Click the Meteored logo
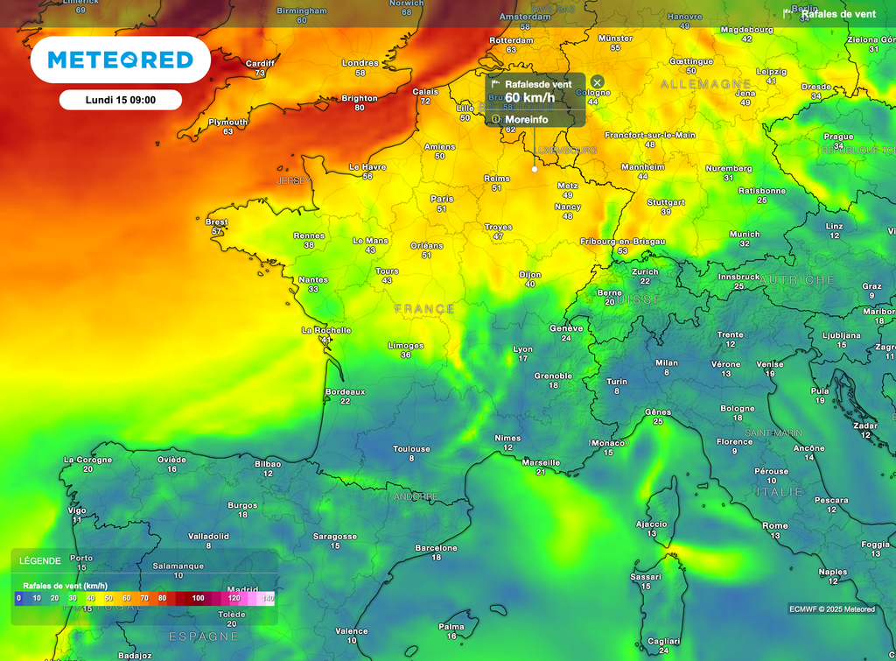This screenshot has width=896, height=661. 120,60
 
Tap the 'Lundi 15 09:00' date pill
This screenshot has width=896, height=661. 121,100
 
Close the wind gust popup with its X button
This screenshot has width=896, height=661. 598,82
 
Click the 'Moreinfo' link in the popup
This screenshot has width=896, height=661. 527,119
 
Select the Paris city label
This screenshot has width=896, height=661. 442,199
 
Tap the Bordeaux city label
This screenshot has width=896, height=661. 345,391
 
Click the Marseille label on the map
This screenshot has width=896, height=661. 541,462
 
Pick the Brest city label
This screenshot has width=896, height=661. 217,222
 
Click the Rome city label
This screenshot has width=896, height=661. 775,526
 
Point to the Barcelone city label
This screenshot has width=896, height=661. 436,548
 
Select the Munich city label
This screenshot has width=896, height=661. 745,234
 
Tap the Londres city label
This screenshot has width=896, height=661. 360,63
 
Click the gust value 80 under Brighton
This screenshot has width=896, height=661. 360,108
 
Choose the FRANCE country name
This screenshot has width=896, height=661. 424,309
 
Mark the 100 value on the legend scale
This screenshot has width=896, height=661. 199,598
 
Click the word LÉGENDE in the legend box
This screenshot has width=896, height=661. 40,560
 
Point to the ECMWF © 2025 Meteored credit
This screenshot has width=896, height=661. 831,609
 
